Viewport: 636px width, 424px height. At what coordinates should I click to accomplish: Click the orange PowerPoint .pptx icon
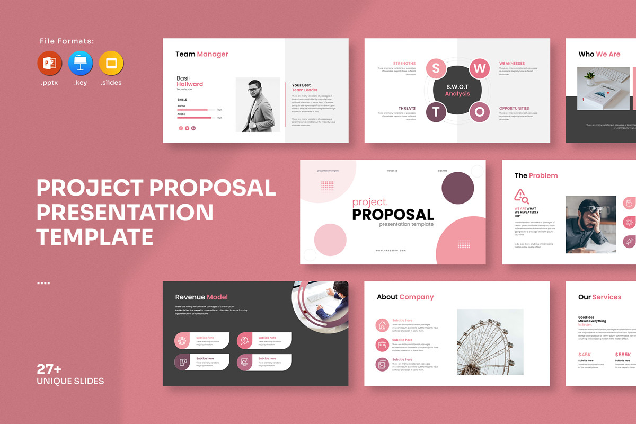point(49,64)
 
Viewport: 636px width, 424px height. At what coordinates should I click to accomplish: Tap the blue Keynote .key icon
point(81,64)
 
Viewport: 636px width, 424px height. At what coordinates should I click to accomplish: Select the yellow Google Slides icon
point(111,64)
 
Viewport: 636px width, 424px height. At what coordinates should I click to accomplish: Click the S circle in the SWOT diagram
point(436,68)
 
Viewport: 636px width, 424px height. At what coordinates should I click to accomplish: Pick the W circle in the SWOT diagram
point(480,68)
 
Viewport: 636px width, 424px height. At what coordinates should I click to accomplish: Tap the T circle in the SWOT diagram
point(436,112)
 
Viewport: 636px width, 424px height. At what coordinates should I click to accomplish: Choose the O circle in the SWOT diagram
point(480,112)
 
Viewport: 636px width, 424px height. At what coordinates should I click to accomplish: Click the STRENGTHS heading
point(404,64)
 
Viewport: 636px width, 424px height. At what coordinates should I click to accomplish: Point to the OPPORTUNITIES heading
point(514,108)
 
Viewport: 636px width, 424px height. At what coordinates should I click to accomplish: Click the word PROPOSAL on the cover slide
point(393,215)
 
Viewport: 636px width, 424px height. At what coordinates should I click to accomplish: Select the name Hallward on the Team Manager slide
point(190,84)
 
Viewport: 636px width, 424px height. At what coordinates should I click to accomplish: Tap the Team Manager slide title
point(202,54)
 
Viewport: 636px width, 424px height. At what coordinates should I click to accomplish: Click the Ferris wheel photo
point(490,342)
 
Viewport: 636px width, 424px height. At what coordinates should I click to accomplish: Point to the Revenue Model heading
point(201,297)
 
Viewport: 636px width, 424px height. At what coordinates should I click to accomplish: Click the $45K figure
point(585,355)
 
